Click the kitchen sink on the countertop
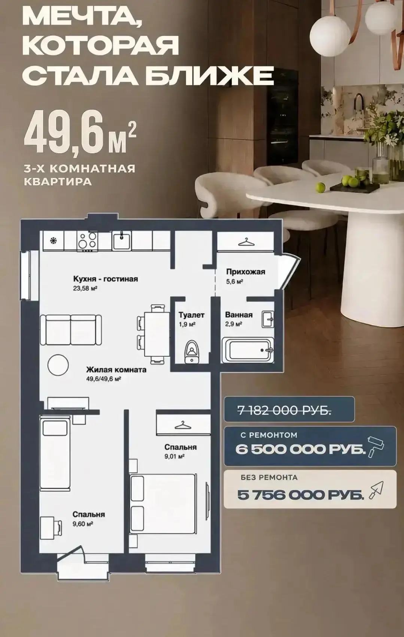pyautogui.click(x=122, y=241)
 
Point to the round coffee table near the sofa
pyautogui.click(x=58, y=365)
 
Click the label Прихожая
pyautogui.click(x=246, y=272)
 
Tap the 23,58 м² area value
pyautogui.click(x=85, y=289)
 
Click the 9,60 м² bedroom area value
pyautogui.click(x=83, y=523)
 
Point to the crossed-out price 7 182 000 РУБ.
pyautogui.click(x=285, y=410)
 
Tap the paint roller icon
pyautogui.click(x=376, y=447)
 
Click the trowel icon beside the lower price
pyautogui.click(x=376, y=490)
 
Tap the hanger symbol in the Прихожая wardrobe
pyautogui.click(x=246, y=242)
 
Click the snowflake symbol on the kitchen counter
pyautogui.click(x=53, y=241)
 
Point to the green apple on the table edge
pyautogui.click(x=321, y=187)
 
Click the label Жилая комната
pyautogui.click(x=116, y=370)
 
